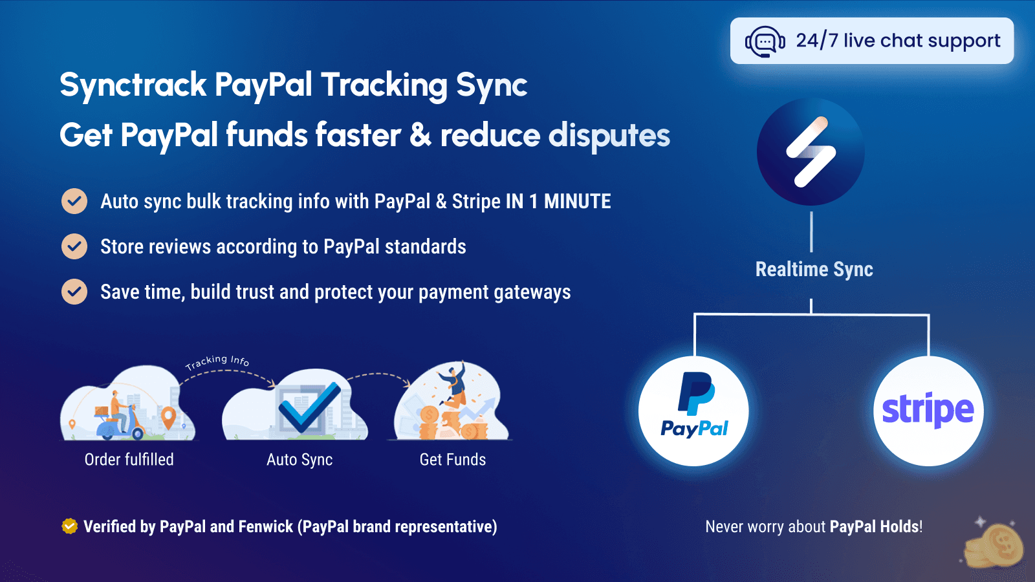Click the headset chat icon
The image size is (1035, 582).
tap(765, 42)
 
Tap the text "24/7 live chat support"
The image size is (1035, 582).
tap(898, 41)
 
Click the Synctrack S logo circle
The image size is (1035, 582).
tap(811, 152)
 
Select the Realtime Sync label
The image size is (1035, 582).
tap(814, 269)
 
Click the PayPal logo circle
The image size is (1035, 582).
tap(693, 411)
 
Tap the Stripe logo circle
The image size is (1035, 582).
tap(928, 411)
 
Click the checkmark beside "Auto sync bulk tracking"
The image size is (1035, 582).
tap(74, 201)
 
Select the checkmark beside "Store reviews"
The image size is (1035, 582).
tap(74, 246)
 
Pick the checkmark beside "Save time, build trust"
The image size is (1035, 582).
tap(74, 292)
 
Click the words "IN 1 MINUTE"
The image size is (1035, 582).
tap(558, 202)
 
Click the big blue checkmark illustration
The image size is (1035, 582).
tap(308, 407)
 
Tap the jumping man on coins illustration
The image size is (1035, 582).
tap(453, 388)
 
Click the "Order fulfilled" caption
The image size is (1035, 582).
tap(129, 460)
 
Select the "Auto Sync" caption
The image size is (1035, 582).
tap(300, 460)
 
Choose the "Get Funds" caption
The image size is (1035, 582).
tap(453, 460)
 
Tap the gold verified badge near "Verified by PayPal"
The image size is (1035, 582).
tap(69, 526)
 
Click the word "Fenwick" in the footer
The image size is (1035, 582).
tap(265, 526)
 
